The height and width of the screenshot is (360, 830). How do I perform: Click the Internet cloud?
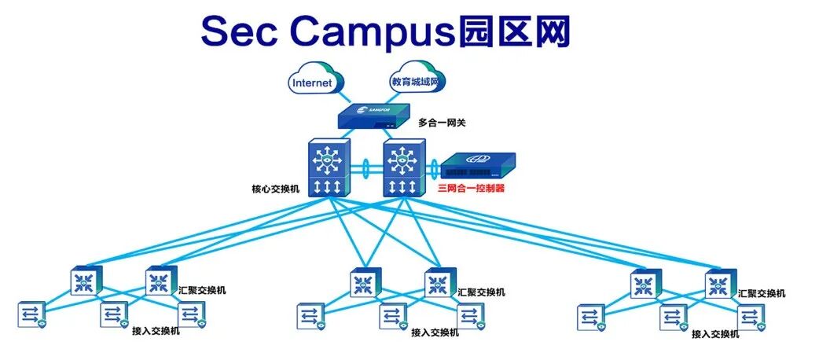pyautogui.click(x=314, y=81)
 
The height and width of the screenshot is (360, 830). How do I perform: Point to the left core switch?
pyautogui.click(x=325, y=168)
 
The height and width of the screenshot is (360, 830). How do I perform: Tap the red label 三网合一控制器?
pyautogui.click(x=471, y=189)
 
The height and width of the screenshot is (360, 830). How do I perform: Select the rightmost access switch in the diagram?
pyautogui.click(x=750, y=316)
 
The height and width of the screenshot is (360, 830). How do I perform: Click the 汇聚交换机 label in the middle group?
pyautogui.click(x=481, y=292)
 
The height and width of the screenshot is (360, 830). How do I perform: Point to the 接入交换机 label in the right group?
pyautogui.click(x=715, y=334)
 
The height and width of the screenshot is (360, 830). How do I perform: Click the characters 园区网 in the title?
pyautogui.click(x=516, y=31)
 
